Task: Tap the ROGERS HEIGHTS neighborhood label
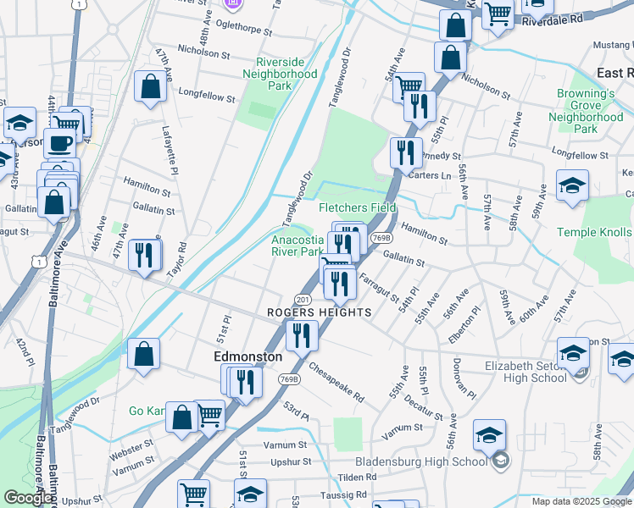coord(320,312)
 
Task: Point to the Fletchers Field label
coord(357,207)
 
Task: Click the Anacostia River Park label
coord(297,246)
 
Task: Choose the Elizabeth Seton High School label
coord(526,373)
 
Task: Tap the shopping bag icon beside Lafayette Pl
coord(150,86)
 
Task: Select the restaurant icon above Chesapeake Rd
coord(301,334)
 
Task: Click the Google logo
coord(29,497)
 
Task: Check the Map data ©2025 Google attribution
coord(581,501)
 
